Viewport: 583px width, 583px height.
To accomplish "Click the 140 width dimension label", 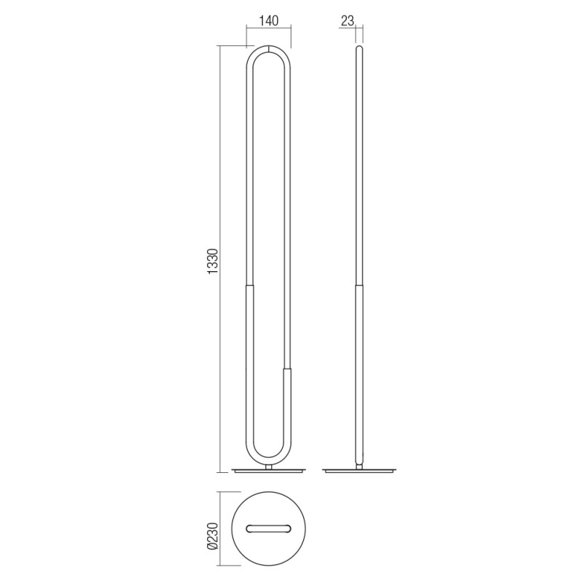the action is [x=268, y=21].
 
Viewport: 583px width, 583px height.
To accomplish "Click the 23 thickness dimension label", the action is [x=348, y=21].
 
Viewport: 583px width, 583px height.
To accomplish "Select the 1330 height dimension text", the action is [x=213, y=262].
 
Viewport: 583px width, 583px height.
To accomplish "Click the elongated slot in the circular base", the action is [x=268, y=529].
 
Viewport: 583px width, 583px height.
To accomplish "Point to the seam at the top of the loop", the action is [x=268, y=49].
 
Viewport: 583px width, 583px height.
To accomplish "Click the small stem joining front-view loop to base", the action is [x=269, y=466].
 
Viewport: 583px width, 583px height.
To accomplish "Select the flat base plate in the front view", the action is [x=268, y=471].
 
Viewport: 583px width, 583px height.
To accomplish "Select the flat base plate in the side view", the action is [x=359, y=471].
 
